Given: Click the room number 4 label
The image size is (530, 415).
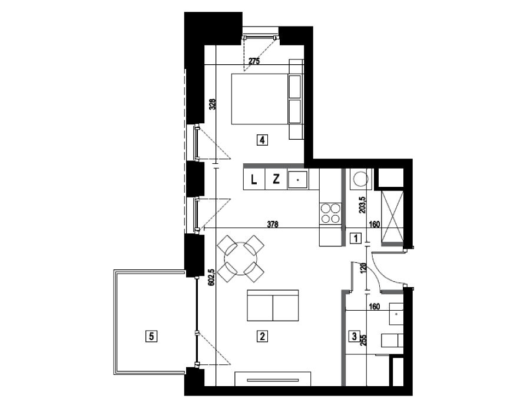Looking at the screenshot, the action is pos(262,140).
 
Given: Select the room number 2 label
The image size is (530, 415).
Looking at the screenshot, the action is pos(262,336).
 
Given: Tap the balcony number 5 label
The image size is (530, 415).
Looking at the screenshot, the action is pos(151,336).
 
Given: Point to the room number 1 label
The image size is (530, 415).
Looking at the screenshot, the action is pos(356,238).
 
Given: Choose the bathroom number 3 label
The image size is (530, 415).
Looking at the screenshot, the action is pos(355,336).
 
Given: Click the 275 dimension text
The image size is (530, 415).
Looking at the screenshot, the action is pos(254,61).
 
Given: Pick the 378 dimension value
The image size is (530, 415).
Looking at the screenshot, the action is pos(273,224).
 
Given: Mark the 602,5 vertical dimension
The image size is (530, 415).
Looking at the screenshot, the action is pos(211,277).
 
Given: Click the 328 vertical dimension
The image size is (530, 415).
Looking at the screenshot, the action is pos(212,104).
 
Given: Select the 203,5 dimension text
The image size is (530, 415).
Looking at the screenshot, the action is pos(363,205).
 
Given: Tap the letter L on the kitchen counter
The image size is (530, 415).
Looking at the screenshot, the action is pos(254,180).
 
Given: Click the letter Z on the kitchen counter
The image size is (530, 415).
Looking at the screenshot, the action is pos(276,179).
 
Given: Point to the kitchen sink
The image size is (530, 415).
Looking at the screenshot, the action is pos(297,180).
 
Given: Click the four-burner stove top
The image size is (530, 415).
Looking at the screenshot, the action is pos(330,213).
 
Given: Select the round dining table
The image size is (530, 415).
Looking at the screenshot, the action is pos(240,259).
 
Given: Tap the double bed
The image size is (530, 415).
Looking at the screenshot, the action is pos(266,99).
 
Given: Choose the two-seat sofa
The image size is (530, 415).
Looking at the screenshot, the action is pos(273,305).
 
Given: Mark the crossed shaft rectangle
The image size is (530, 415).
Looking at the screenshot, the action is pos(392,216).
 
